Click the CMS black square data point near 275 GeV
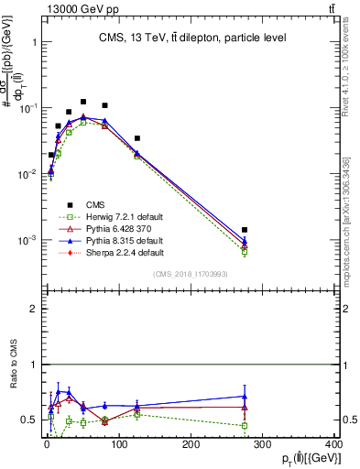[245, 230]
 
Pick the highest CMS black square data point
[83, 102]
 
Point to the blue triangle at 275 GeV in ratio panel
[245, 397]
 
